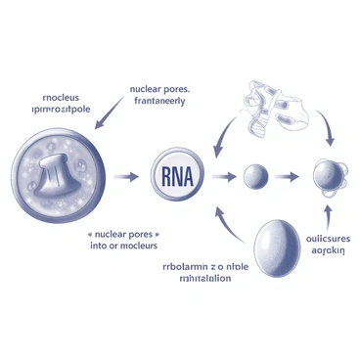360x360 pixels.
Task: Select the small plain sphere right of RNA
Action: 254,177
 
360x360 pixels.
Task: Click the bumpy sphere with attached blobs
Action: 326,177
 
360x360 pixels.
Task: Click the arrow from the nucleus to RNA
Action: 126,177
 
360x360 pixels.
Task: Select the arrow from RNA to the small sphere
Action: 224,177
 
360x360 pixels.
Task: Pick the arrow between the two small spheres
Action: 288,177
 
